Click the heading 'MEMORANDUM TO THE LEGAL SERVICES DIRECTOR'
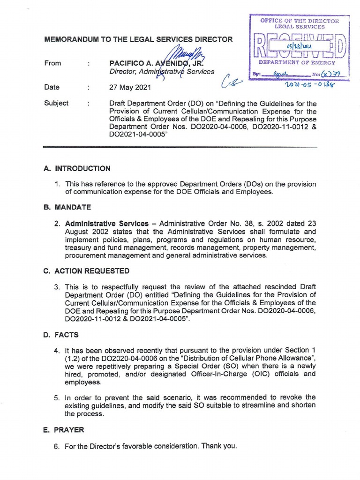[x=138, y=39]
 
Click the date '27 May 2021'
[x=130, y=87]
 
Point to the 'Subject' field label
[x=56, y=103]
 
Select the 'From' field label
[x=52, y=63]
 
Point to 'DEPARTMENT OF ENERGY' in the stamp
[x=297, y=62]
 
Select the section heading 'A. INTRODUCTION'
[x=77, y=168]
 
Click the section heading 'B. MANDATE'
[x=67, y=207]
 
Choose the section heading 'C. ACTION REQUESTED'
[x=86, y=271]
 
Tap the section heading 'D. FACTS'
[x=61, y=335]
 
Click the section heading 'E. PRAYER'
[x=64, y=429]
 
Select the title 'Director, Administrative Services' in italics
[x=162, y=72]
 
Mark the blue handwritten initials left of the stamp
[x=232, y=83]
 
